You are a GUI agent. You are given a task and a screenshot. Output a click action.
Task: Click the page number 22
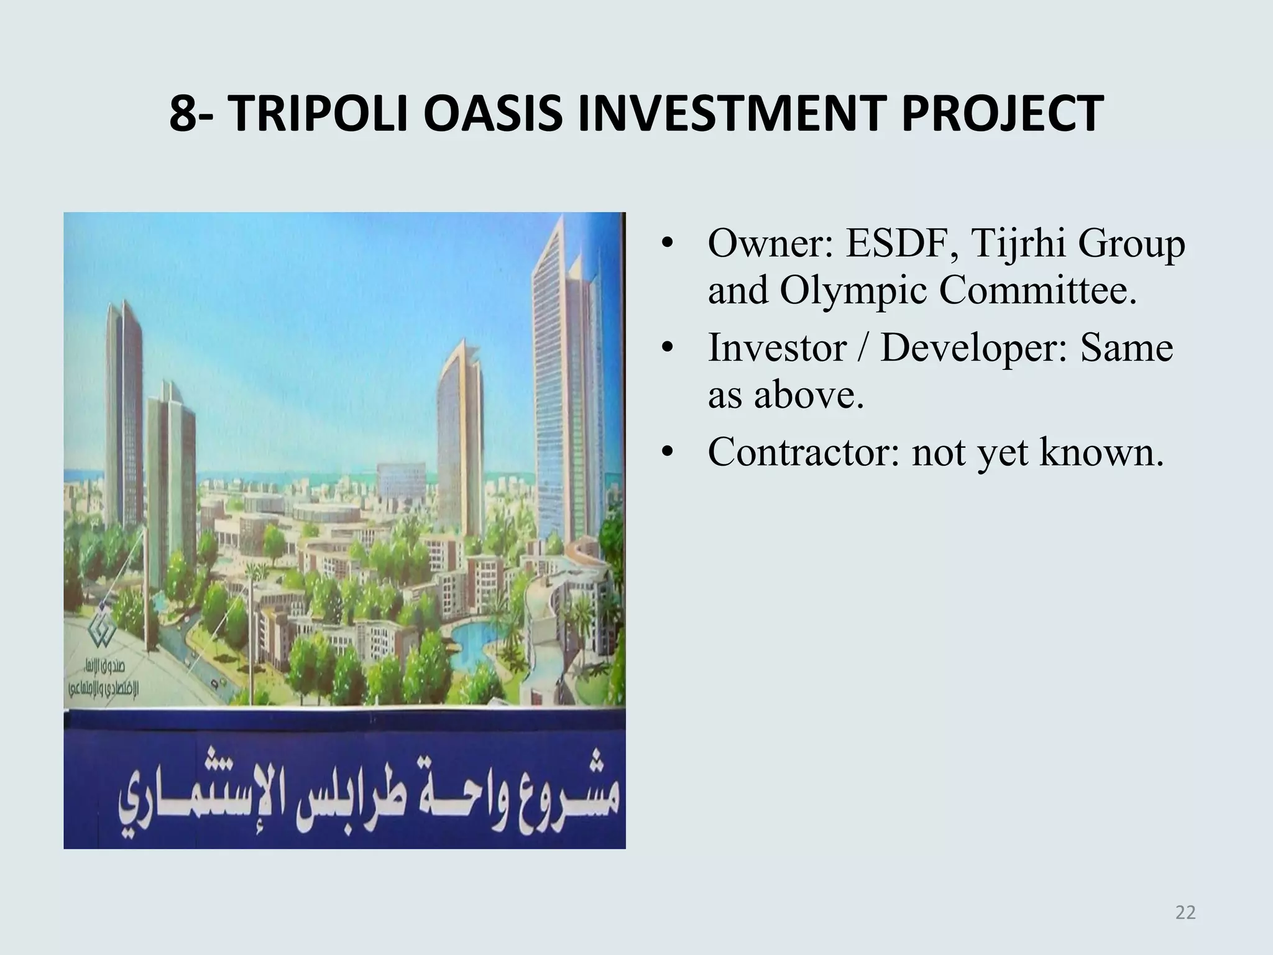(x=1185, y=913)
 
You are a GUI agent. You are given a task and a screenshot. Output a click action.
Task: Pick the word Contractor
(x=804, y=452)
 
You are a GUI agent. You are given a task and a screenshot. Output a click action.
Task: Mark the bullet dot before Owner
(x=668, y=244)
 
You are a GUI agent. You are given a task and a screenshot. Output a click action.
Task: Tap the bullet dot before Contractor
(x=668, y=452)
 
